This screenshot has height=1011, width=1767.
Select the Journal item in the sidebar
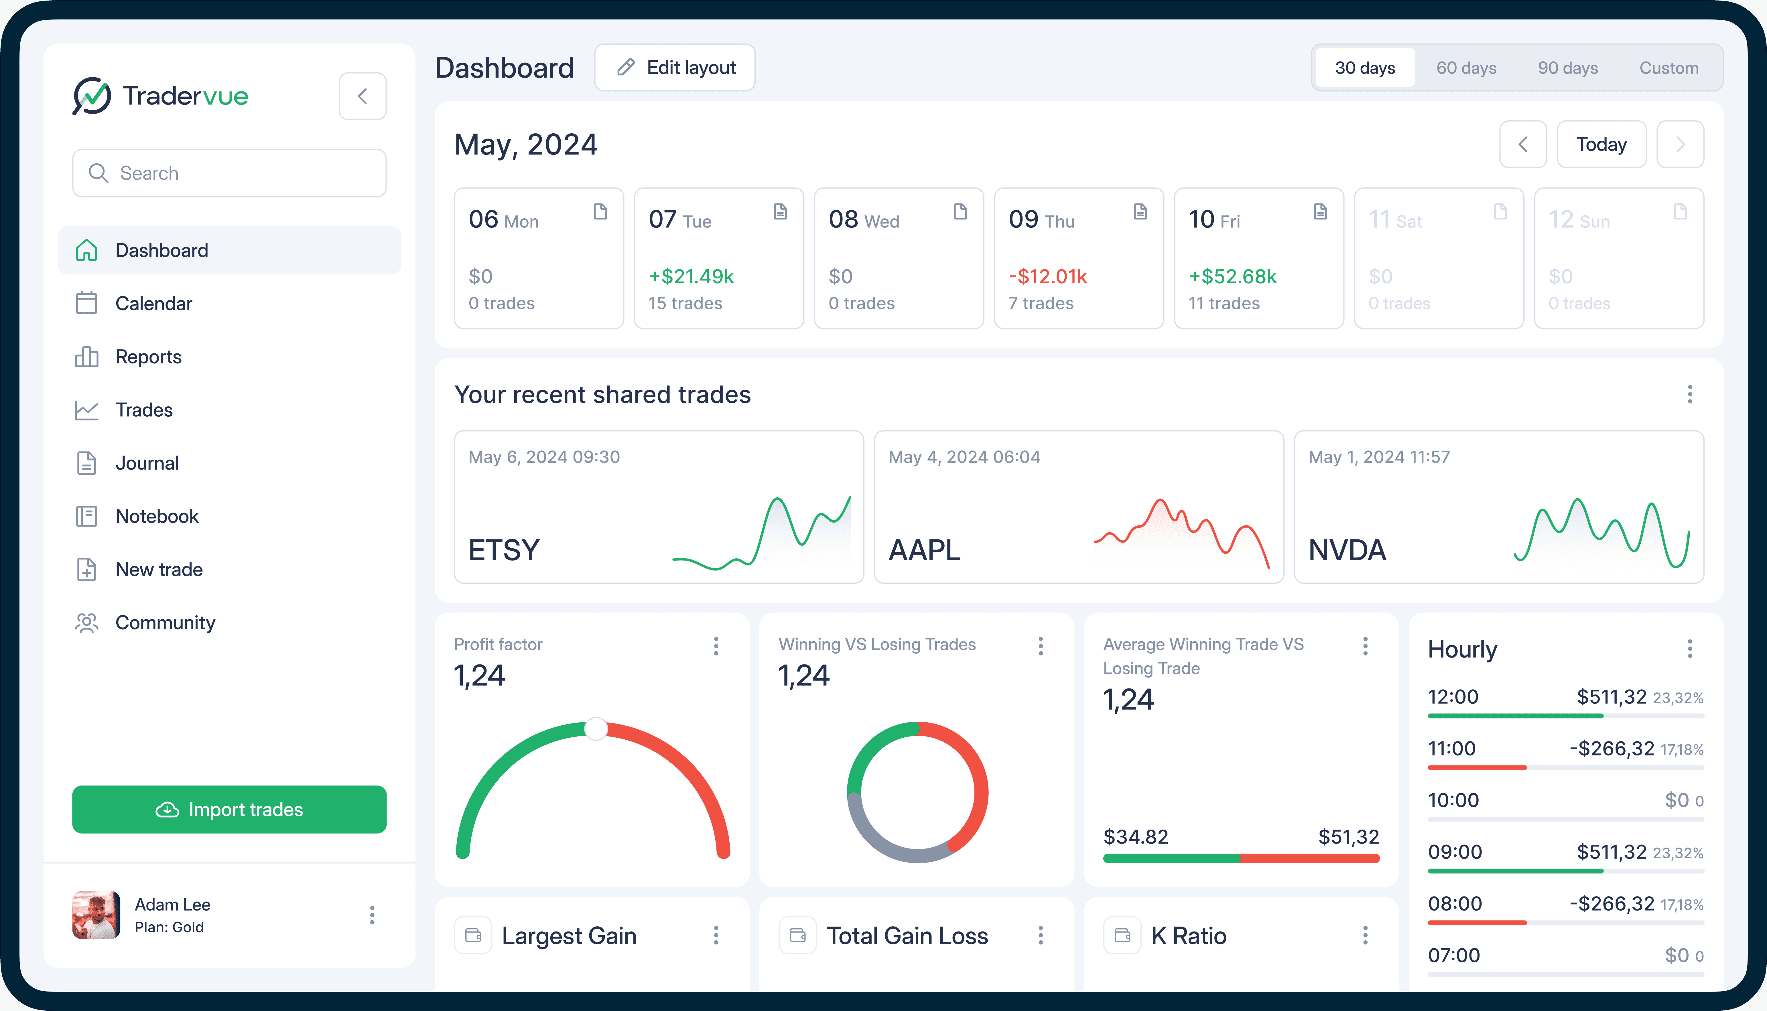pos(147,463)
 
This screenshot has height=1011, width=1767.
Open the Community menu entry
pos(165,623)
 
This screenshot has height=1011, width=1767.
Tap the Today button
pos(1601,145)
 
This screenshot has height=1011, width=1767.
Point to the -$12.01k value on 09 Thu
pos(1047,276)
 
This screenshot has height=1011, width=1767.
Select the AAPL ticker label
pos(925,550)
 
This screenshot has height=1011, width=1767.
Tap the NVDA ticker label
pos(1347,550)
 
